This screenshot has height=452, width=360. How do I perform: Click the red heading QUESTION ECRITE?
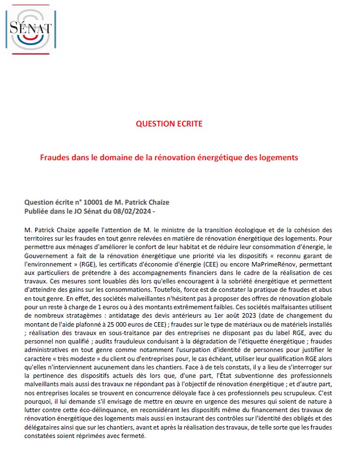pos(169,124)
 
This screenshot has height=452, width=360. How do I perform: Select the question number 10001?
pos(85,202)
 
